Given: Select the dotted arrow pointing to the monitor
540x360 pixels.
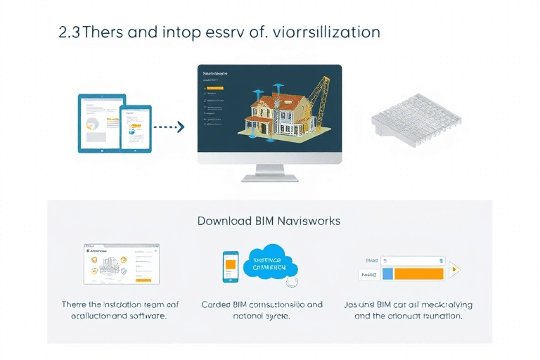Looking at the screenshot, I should coord(169,127).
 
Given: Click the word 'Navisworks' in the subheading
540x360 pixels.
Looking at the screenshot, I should coord(307,221).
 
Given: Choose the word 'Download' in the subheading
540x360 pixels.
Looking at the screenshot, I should coord(224,221).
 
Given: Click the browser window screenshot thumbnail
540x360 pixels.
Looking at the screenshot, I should coord(121,264).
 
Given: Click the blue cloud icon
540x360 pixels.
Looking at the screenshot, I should coord(270,264).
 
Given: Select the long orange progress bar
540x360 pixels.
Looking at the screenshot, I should coord(419,274).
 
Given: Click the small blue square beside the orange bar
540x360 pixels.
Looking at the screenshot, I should coord(387,274).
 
